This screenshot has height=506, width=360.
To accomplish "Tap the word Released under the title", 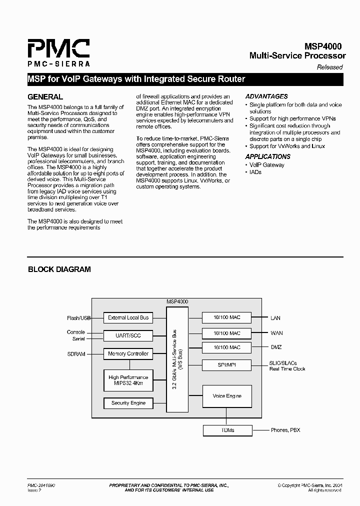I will tap(330, 67).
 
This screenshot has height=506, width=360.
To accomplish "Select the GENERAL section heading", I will tap(45, 97).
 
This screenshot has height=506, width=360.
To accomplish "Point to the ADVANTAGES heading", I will tap(266, 96).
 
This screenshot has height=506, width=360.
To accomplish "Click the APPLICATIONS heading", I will tap(268, 156).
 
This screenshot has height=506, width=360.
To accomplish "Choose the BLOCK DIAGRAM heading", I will tap(59, 269).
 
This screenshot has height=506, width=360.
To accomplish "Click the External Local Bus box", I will tap(128, 317).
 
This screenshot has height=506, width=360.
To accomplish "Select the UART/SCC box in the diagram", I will tap(128, 335).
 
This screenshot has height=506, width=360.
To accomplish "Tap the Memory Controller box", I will tap(128, 353).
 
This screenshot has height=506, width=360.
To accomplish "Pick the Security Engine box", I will tap(128, 402).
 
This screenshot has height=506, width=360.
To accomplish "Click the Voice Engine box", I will tap(227, 396).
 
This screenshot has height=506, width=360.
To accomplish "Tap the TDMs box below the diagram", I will tap(227, 430).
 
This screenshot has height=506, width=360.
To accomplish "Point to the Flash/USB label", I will tap(79, 318).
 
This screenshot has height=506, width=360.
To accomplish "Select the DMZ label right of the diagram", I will tap(276, 347).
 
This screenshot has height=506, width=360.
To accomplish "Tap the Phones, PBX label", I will tap(285, 430).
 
